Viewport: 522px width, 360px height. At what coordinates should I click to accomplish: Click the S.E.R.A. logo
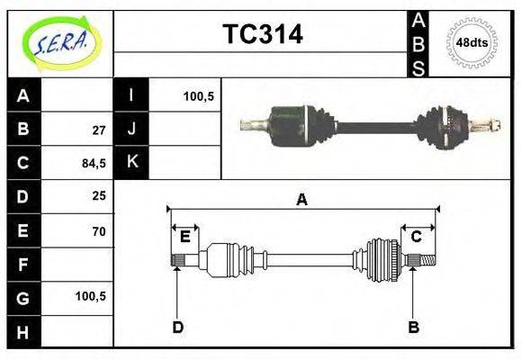pyautogui.click(x=59, y=43)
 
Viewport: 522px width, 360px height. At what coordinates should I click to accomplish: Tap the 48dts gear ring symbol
pyautogui.click(x=472, y=42)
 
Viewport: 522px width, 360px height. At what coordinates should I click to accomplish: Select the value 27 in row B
pyautogui.click(x=99, y=129)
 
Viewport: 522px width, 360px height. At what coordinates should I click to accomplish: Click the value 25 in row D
pyautogui.click(x=99, y=195)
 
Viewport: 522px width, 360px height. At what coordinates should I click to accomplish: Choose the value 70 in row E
pyautogui.click(x=99, y=231)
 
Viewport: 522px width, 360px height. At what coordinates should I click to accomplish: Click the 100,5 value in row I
pyautogui.click(x=198, y=95)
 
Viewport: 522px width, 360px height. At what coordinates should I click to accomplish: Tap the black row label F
pyautogui.click(x=23, y=265)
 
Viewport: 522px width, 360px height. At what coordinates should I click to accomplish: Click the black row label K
pyautogui.click(x=131, y=162)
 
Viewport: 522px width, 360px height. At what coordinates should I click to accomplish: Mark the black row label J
pyautogui.click(x=131, y=129)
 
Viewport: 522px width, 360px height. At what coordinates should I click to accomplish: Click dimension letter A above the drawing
pyautogui.click(x=301, y=200)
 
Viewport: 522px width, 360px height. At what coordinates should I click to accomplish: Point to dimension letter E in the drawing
pyautogui.click(x=184, y=237)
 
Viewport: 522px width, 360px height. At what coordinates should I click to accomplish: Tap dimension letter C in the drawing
pyautogui.click(x=417, y=237)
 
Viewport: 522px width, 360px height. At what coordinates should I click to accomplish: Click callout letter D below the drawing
pyautogui.click(x=178, y=327)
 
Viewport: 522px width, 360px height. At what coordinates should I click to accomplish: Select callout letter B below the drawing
pyautogui.click(x=413, y=327)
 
